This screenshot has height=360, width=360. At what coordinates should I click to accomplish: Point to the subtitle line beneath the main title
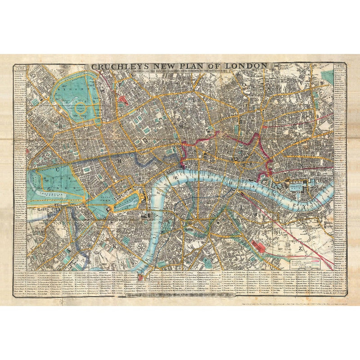(180, 72)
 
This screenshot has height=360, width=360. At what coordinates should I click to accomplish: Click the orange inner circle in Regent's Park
(81, 108)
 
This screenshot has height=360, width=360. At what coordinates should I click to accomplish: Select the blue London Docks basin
(299, 184)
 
